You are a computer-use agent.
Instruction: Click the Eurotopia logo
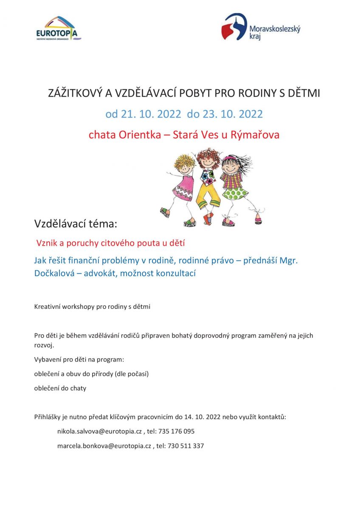(58, 28)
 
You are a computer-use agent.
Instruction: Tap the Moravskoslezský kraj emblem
(234, 27)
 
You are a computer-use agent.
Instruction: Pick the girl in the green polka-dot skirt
(236, 187)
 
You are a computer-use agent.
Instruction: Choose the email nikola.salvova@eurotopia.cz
(99, 431)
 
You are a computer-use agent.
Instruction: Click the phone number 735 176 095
(177, 431)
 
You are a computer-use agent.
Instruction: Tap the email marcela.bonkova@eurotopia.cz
(104, 446)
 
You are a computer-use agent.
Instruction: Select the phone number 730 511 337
(186, 446)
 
